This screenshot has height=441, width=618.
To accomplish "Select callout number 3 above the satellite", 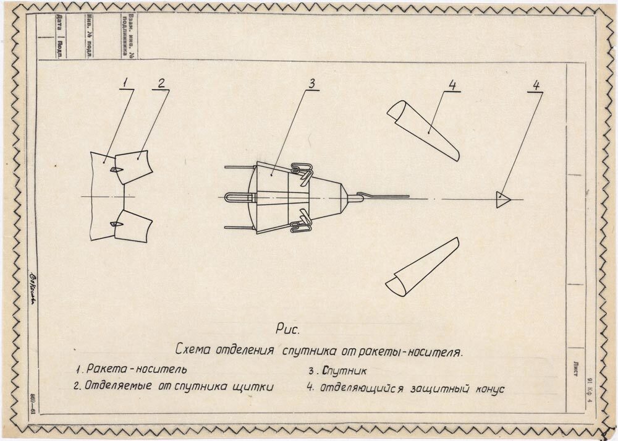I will tap(312, 83).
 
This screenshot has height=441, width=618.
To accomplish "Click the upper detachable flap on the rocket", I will tap(135, 166).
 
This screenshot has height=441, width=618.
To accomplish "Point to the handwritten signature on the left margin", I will tap(33, 284).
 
